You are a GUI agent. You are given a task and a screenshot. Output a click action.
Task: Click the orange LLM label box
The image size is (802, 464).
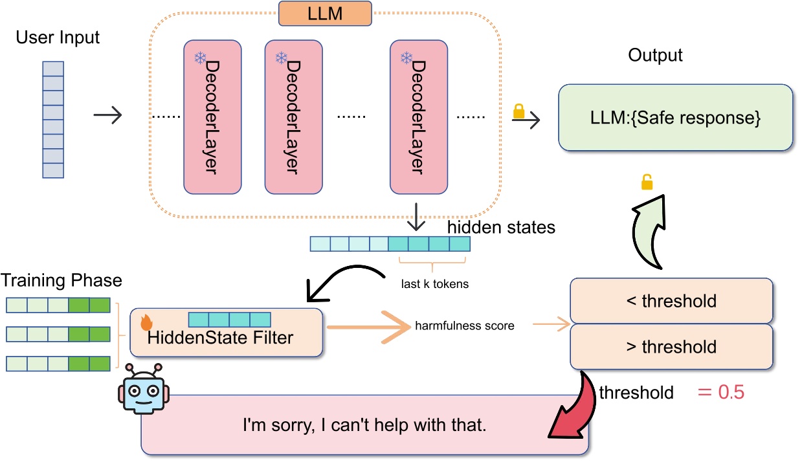tap(326, 14)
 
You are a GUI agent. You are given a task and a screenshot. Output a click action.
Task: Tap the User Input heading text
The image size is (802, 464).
tap(58, 37)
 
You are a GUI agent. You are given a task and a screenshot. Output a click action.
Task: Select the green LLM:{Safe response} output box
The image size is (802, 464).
tap(675, 118)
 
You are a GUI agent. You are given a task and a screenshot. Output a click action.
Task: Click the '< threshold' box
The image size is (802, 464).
tap(671, 300)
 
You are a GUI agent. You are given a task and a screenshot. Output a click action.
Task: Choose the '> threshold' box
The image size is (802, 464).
tap(671, 347)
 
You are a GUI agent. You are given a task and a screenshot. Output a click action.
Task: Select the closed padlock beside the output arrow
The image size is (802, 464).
tap(518, 111)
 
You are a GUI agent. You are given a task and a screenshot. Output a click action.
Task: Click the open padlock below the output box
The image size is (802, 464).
tap(646, 183)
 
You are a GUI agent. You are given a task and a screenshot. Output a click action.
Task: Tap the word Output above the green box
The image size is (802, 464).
tap(655, 55)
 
